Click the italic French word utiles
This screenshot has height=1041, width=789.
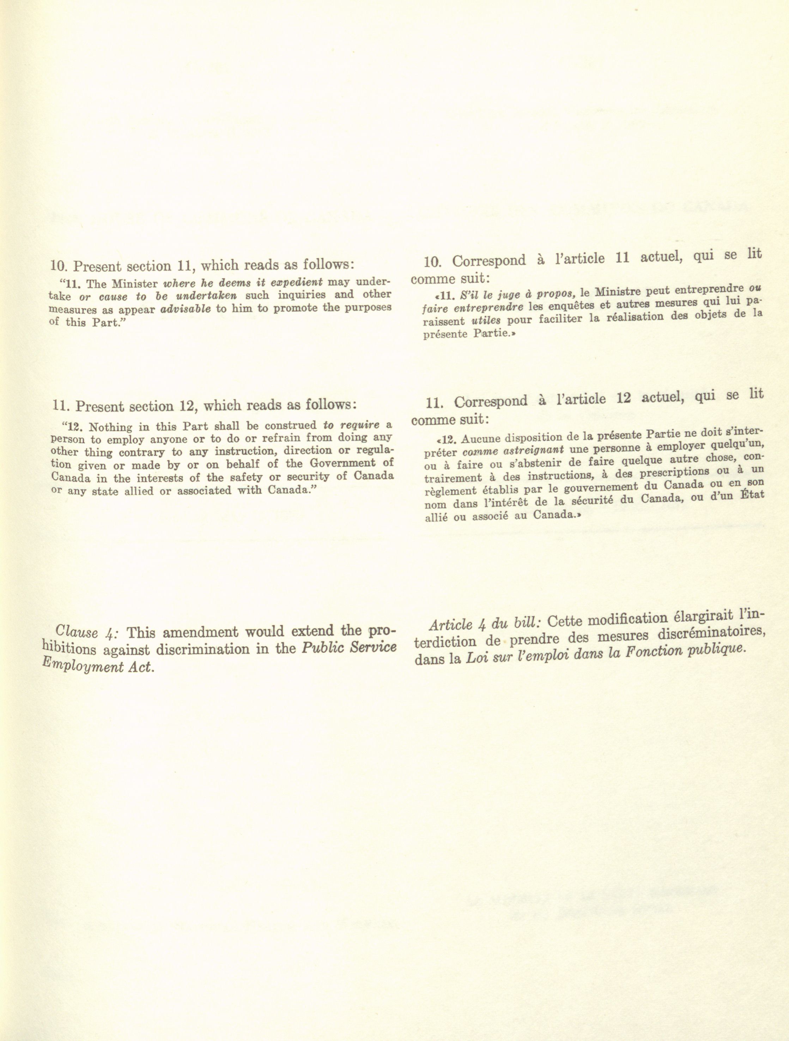(x=486, y=321)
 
